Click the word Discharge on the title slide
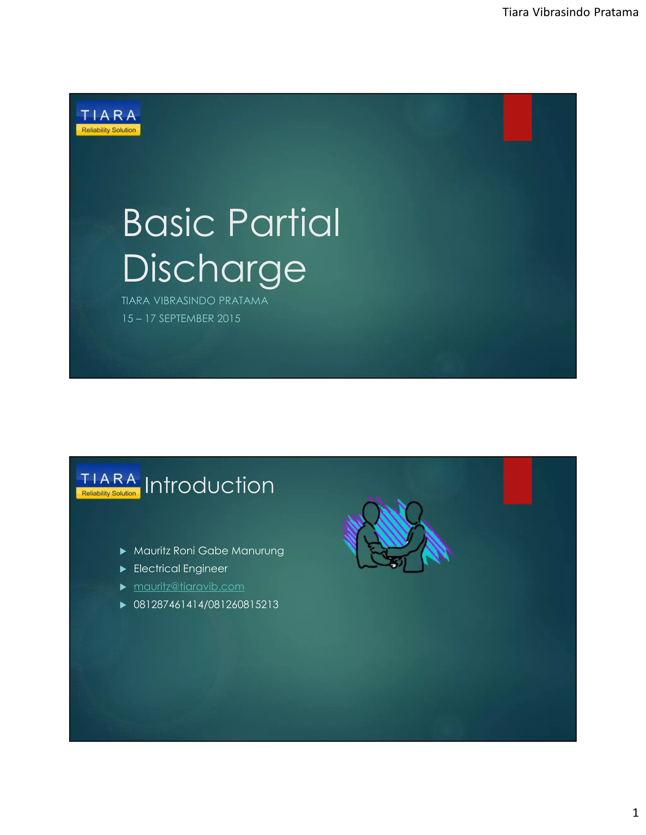pos(214,268)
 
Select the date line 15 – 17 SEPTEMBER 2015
pos(181,319)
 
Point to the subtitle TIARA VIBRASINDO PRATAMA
pos(195,301)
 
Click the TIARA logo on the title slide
pos(108,118)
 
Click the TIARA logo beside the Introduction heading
pos(108,481)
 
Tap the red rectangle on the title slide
pos(517,118)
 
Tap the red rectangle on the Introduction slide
pos(517,481)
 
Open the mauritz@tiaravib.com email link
pos(189,586)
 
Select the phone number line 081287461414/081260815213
pos(206,604)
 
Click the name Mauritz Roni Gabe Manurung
pos(208,551)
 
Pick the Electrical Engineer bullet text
pos(181,569)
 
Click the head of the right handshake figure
pos(413,511)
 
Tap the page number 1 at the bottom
pos(635,813)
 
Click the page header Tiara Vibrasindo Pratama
pos(570,13)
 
